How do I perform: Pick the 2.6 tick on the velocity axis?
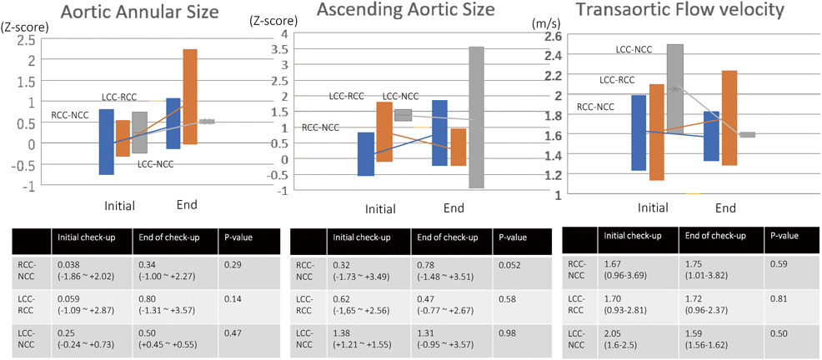coord(554,37)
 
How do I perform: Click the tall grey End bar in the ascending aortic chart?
coord(477,117)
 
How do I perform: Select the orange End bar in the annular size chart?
coord(189,96)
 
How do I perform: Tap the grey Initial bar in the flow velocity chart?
coord(675,88)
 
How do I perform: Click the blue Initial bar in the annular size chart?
coord(106,142)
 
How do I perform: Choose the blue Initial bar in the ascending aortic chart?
coord(365,153)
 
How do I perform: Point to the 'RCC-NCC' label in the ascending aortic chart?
coord(321,127)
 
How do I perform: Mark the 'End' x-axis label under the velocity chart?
coord(726,207)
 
